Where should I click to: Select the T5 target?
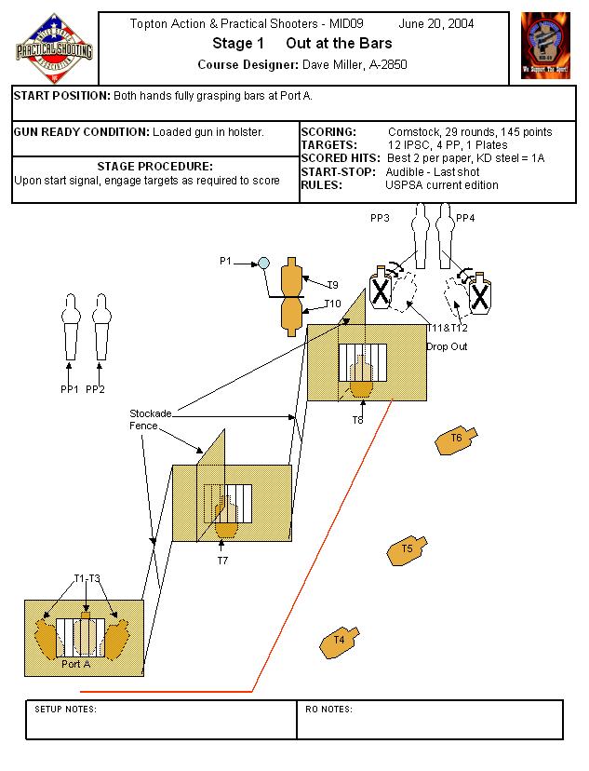407,549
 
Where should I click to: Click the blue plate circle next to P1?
263,264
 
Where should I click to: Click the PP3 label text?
380,217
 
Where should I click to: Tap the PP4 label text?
466,217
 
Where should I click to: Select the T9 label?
332,284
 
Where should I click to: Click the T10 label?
332,304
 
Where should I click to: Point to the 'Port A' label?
75,664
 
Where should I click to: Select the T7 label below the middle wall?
222,561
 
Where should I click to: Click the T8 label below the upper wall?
357,420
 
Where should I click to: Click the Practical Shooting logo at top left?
54,47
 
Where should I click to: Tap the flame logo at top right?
545,45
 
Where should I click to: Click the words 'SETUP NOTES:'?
65,710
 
